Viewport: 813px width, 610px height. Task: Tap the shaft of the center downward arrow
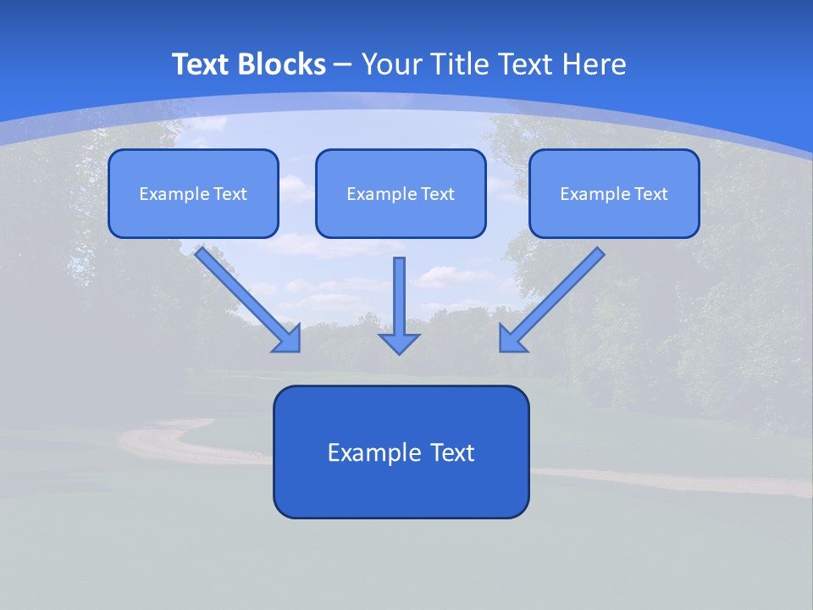point(399,292)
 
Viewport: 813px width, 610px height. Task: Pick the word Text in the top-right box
point(651,194)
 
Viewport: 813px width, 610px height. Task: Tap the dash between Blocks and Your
point(343,65)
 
